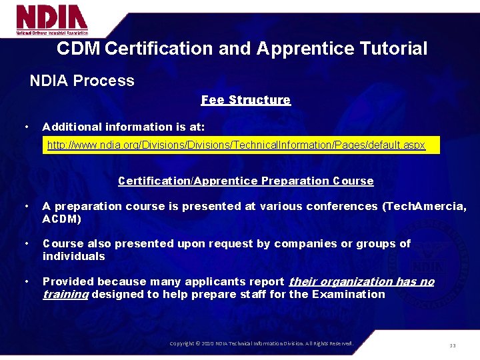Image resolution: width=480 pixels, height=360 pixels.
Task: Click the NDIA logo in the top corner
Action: [52, 20]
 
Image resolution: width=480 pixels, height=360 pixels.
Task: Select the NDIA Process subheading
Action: [82, 81]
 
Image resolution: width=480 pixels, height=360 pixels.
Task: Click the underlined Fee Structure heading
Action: [245, 100]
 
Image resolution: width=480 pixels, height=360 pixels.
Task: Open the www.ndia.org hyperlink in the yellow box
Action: [236, 145]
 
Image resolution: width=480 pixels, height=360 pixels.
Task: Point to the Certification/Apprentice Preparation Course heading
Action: [245, 181]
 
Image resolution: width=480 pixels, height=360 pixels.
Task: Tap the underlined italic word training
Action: [65, 295]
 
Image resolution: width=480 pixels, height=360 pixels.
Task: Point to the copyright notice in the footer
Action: [261, 343]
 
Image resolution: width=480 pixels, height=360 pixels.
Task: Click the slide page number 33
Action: [453, 345]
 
